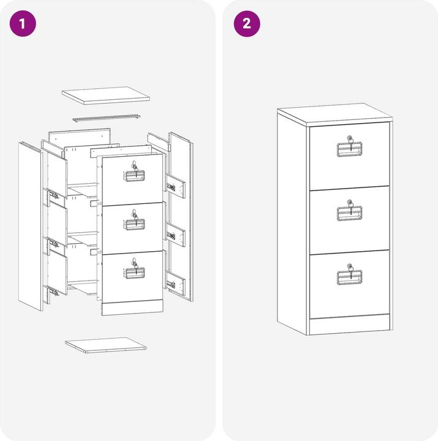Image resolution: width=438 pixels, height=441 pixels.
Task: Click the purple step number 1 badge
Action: click(23, 24)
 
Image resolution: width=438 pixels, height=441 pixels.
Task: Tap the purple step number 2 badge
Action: click(247, 24)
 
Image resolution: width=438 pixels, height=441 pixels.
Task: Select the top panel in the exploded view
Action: click(106, 96)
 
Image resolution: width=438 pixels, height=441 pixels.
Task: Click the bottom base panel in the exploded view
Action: click(106, 345)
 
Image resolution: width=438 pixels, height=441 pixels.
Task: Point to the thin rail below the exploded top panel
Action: click(107, 118)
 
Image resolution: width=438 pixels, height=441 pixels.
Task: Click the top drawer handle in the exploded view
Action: click(134, 176)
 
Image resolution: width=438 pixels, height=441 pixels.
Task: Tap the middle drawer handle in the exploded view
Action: click(134, 224)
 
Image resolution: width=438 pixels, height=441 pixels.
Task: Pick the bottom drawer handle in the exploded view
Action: click(134, 273)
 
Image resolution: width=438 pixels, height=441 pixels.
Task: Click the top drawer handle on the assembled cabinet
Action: click(349, 149)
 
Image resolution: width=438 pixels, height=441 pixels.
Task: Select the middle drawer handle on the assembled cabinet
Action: click(349, 214)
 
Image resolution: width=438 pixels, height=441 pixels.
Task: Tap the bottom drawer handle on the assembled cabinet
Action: click(349, 277)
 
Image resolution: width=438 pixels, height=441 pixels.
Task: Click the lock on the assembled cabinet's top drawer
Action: click(350, 138)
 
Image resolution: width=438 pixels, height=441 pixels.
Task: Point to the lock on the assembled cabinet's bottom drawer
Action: click(350, 266)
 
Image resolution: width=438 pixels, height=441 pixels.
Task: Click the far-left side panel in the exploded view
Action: click(31, 227)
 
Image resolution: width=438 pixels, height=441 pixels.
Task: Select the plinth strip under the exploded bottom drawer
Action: click(132, 307)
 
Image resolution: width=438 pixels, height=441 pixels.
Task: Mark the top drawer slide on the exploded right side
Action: click(176, 186)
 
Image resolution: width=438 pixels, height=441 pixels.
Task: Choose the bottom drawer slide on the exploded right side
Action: click(176, 284)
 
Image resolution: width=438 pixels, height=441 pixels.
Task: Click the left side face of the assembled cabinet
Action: click(292, 224)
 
